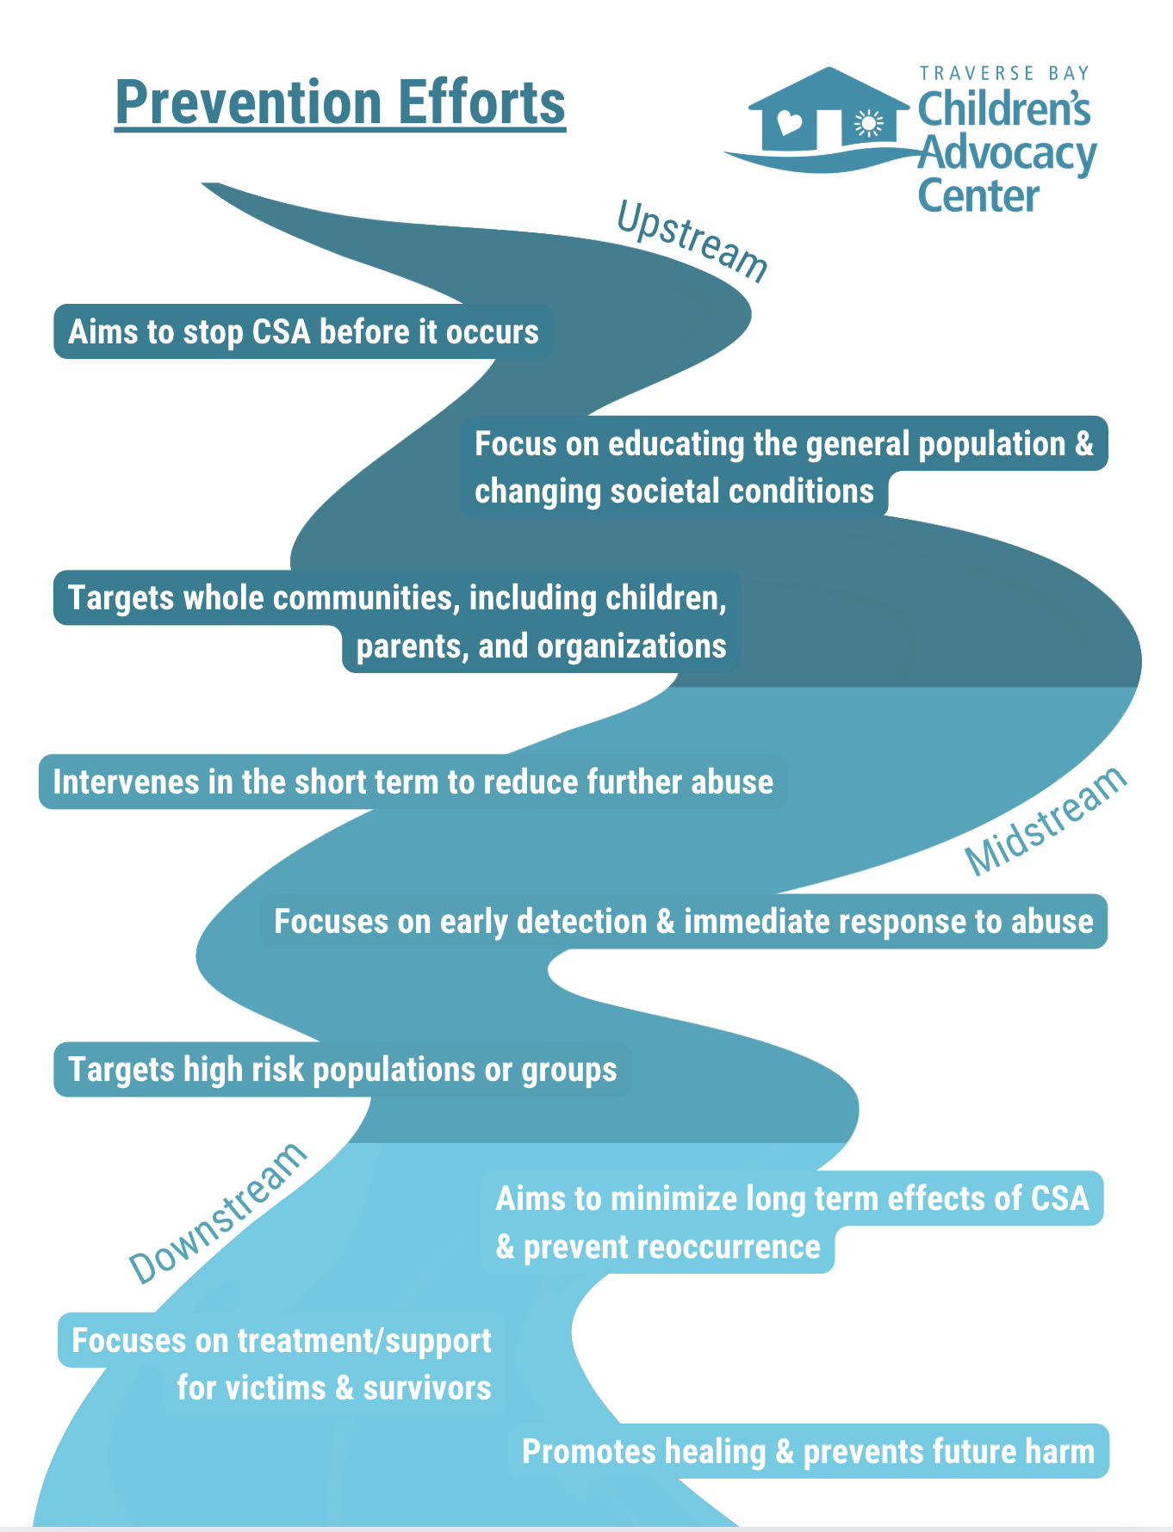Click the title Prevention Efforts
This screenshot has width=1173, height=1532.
point(340,103)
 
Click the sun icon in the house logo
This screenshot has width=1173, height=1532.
point(869,125)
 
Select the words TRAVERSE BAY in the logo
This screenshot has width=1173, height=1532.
point(1004,74)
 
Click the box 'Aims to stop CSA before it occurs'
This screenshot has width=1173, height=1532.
point(303,332)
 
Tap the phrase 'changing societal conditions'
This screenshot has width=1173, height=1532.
point(674,491)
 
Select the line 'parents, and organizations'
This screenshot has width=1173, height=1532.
point(541,646)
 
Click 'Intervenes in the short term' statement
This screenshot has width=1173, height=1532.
point(413,782)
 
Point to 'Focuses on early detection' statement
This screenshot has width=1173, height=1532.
point(683,922)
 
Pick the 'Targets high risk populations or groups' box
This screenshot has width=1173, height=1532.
point(342,1070)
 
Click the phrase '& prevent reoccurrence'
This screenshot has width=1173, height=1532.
point(658,1247)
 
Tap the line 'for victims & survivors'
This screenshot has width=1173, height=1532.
point(334,1387)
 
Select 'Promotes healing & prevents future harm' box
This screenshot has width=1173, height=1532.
point(808,1451)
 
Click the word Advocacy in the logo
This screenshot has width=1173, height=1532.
point(1006,155)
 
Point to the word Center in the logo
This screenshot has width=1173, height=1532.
point(978,196)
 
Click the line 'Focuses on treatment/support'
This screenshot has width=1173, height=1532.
point(281,1341)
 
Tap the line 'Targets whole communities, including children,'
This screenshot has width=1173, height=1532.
point(397,598)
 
